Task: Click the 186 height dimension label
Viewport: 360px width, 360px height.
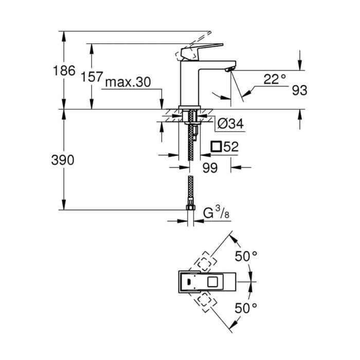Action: (x=64, y=70)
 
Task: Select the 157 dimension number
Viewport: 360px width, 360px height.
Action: (x=92, y=77)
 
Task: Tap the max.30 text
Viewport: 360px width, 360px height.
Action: (x=128, y=82)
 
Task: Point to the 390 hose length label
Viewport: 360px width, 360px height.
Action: (x=63, y=160)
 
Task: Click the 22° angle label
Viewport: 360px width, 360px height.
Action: (x=275, y=79)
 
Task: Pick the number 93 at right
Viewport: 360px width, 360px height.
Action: (x=299, y=90)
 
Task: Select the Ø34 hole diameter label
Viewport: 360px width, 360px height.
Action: (x=230, y=124)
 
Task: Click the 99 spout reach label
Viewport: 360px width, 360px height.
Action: (x=210, y=168)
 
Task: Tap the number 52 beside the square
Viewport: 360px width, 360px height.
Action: (x=231, y=147)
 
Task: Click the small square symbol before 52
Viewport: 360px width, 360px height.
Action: (x=217, y=147)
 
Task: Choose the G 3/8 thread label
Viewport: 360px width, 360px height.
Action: (x=217, y=212)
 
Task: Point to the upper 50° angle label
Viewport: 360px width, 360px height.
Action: (x=246, y=256)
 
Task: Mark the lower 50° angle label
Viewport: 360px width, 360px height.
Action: (x=246, y=308)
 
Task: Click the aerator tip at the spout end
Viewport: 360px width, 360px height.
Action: (x=230, y=68)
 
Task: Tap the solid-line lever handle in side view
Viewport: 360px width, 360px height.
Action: (x=202, y=51)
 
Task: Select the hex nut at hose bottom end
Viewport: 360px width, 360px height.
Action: (x=190, y=208)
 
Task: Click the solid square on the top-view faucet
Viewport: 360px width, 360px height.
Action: (x=212, y=282)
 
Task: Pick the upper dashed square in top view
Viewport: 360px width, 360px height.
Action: (x=205, y=263)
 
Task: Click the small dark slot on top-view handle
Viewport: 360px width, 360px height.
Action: (x=189, y=282)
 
